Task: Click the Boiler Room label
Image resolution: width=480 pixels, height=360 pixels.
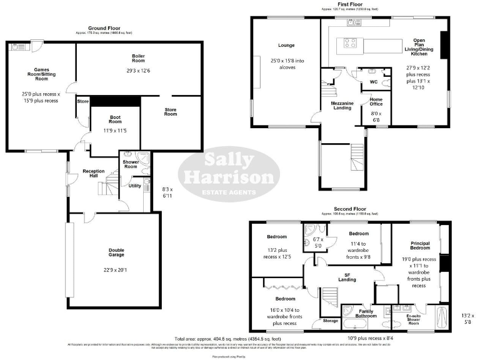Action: tap(138, 58)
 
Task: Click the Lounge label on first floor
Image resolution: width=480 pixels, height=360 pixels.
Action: tap(286, 45)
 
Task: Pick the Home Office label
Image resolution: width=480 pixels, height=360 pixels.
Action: tap(376, 102)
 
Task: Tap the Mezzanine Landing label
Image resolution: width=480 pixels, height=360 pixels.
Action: tap(342, 106)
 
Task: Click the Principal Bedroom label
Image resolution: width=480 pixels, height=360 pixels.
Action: tap(419, 244)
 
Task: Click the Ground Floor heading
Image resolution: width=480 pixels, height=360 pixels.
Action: tap(104, 28)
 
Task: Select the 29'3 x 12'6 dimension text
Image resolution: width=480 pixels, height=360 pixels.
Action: tap(138, 71)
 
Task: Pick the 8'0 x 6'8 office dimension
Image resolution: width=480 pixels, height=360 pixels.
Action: tap(376, 116)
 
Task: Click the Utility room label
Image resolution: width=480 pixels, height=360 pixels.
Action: tap(135, 186)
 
